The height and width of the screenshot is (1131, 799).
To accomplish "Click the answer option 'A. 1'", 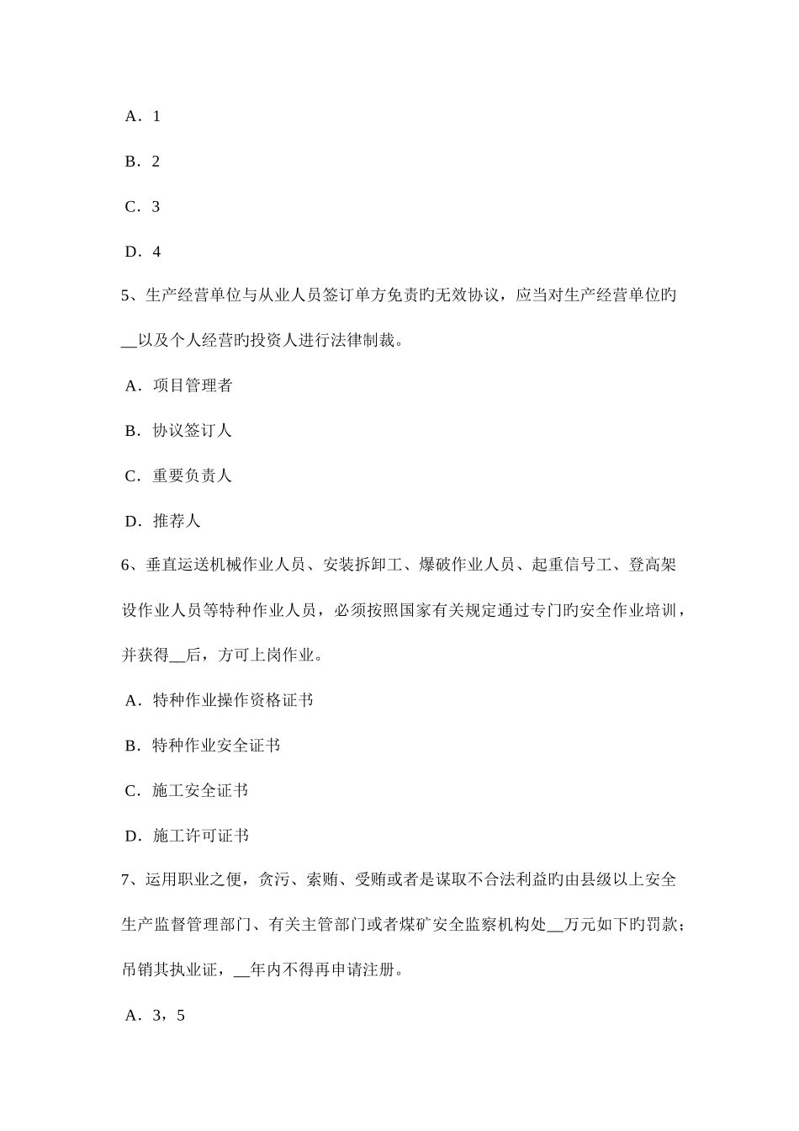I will (x=142, y=116).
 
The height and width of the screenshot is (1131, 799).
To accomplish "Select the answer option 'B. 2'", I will (x=142, y=162).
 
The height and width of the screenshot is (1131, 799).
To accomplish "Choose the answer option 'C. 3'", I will (x=142, y=207).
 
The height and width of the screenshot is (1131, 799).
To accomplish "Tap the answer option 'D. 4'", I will (x=142, y=252).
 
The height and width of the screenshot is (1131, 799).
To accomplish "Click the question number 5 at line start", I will (x=128, y=295).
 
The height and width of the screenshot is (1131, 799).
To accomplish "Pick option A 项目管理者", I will (x=178, y=386).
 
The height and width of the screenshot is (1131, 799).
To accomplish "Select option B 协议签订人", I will (x=178, y=431).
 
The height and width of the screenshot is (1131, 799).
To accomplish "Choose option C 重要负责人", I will (x=178, y=476).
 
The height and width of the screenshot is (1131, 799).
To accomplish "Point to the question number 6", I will (x=128, y=565).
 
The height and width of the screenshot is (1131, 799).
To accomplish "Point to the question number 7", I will (x=128, y=880).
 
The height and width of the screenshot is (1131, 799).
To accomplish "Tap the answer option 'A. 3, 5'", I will (x=154, y=1016).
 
